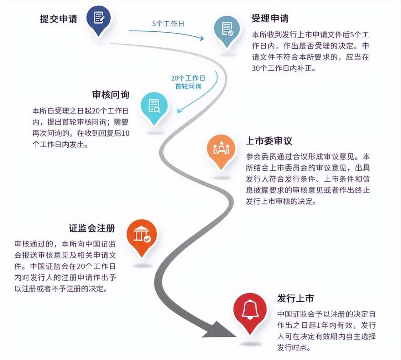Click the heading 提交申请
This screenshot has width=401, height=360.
point(58,19)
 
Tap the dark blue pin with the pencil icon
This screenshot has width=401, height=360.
point(99,20)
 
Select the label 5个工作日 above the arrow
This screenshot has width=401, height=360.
point(168,24)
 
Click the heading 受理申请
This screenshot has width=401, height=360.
point(270,19)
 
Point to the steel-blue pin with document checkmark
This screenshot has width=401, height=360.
point(227,31)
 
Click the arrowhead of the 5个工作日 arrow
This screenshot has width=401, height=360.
point(202,38)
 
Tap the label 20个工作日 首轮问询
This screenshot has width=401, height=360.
point(188,82)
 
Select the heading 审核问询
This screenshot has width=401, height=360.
point(111,94)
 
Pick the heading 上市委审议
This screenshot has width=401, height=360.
point(269,141)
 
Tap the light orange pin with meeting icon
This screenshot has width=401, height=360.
point(221,151)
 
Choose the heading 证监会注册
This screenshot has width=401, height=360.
point(92,228)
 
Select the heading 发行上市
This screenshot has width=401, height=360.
point(295,298)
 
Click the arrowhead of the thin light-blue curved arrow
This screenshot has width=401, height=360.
point(179,111)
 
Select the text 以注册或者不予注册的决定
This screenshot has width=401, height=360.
point(61,289)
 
